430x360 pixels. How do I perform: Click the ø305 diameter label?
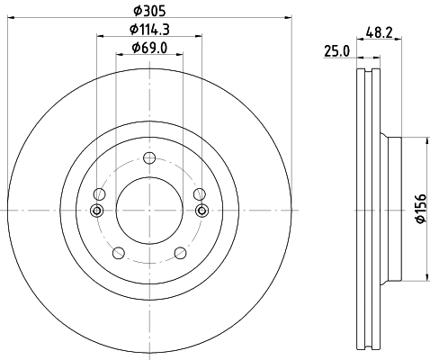pos(149,11)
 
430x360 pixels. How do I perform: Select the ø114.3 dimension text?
pos(149,30)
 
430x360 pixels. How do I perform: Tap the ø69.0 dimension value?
pos(149,48)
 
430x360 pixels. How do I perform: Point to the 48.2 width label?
pos(379,32)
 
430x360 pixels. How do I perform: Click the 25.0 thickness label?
pos(336,51)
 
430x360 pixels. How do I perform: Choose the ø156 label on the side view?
pos(421,208)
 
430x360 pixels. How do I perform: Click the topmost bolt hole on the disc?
pos(149,158)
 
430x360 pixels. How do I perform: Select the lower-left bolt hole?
pos(119,253)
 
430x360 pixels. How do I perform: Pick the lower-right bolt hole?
pos(180,253)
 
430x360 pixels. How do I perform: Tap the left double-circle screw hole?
pos(97,211)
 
